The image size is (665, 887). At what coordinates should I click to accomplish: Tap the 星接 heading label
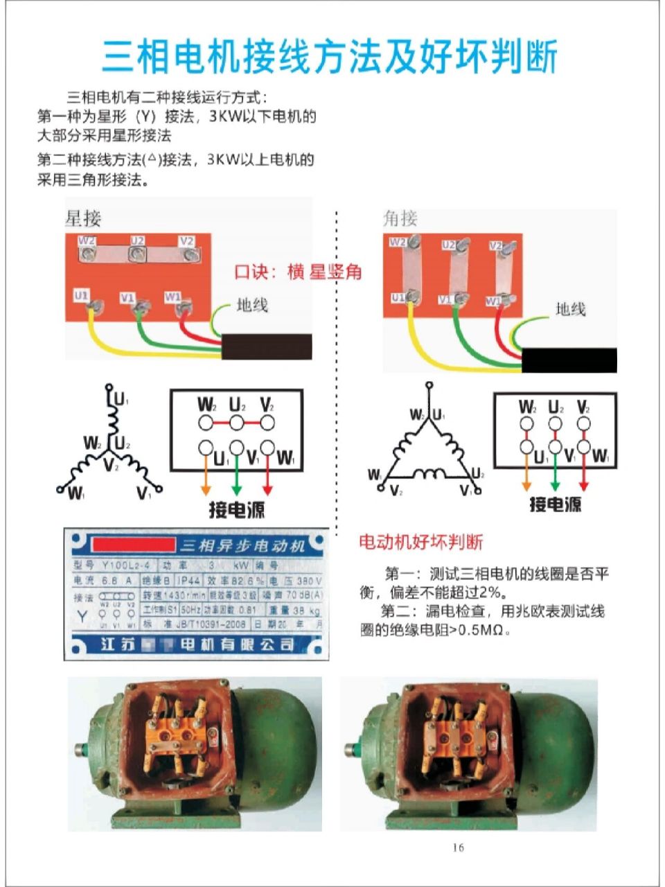[83, 218]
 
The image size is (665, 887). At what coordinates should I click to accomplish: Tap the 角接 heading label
[400, 218]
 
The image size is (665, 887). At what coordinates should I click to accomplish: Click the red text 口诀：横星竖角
[298, 272]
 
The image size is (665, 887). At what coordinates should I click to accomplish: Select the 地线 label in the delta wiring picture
[570, 309]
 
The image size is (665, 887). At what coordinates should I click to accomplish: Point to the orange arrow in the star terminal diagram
[206, 478]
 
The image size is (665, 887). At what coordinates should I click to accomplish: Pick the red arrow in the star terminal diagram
[267, 478]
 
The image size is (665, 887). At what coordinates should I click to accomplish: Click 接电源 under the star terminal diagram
[237, 510]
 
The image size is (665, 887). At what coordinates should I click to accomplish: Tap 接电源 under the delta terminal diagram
[555, 504]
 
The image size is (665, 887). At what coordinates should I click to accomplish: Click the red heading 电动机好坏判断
[420, 542]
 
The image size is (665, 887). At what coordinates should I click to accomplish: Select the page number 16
[458, 847]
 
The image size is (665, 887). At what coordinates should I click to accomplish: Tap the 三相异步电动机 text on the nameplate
[242, 545]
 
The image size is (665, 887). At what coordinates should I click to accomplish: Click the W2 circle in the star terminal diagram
[206, 423]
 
